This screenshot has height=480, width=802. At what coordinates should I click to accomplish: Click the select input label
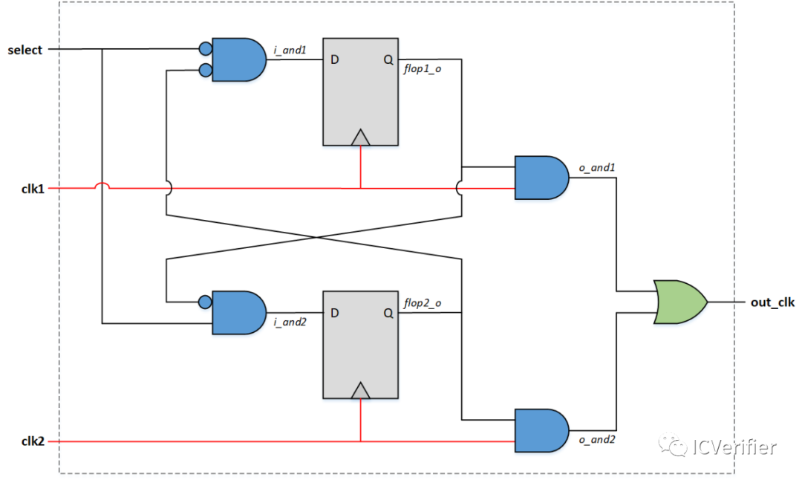25,50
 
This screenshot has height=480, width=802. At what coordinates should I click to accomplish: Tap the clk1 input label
33,189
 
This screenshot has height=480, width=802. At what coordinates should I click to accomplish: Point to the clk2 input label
33,441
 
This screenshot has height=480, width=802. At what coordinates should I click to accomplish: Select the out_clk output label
772,302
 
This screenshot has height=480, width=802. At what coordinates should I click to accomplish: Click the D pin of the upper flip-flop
335,60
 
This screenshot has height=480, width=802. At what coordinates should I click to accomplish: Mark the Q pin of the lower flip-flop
388,313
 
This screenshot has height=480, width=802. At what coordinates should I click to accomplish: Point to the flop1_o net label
423,71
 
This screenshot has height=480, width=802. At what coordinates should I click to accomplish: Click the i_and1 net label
290,50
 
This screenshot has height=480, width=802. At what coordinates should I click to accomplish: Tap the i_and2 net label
290,323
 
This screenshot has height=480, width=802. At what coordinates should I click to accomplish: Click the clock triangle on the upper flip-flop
361,137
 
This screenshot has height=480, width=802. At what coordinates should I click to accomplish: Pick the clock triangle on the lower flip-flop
361,390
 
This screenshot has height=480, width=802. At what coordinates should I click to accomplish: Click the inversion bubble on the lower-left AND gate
204,302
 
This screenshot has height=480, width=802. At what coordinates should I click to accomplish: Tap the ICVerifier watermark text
732,447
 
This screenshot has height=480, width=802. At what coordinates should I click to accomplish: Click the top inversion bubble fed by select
204,50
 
